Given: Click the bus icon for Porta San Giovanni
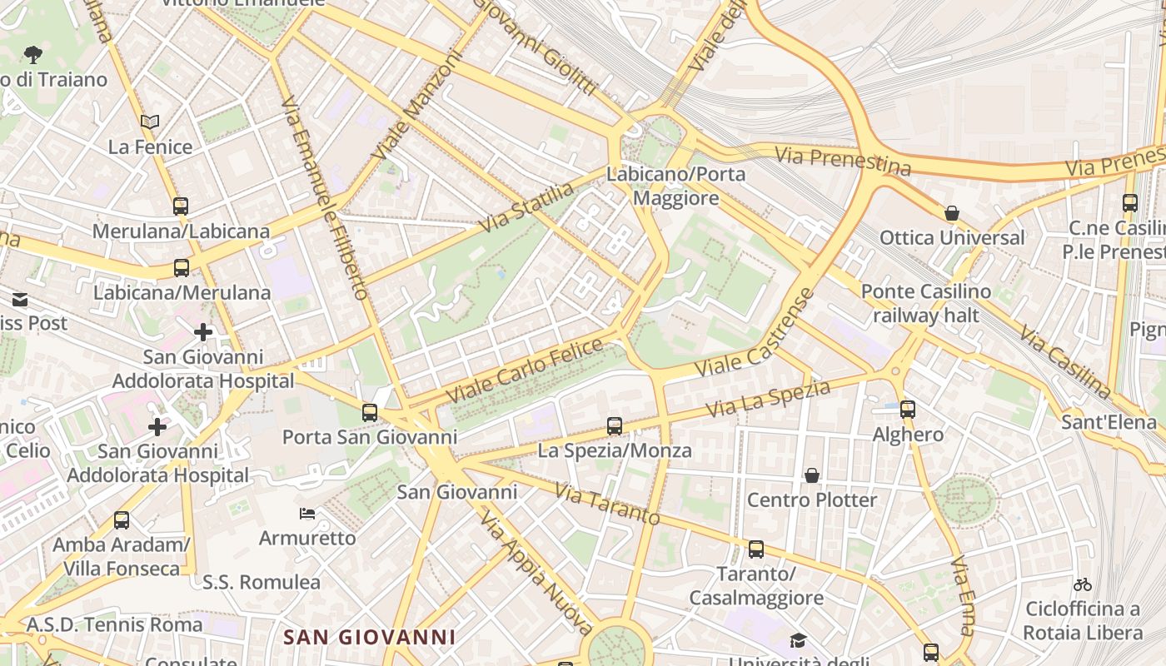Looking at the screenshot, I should pos(370,413).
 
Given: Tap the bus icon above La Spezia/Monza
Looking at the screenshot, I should pos(615,426).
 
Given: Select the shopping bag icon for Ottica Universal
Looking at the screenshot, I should pos(952,213).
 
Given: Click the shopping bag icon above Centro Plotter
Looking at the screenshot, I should pos(812,475).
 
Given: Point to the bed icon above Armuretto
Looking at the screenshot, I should pos(307,514).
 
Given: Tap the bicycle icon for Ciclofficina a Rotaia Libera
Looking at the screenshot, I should pos(1083,584).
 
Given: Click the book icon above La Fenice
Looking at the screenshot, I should pos(150,122).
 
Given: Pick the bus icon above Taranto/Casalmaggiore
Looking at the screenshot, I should pos(756,549).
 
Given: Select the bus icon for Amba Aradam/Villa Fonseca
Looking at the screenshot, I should pos(122,520).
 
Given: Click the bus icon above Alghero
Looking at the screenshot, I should pos(908,410).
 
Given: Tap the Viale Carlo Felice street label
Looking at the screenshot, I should pos(525,370).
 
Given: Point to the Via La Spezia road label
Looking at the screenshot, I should pos(768,400).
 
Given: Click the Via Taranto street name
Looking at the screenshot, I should pos(607,504).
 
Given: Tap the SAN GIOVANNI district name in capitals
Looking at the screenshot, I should pos(370,638).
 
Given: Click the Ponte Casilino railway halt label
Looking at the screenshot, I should pos(926,304).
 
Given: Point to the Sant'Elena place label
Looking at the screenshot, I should pos(1109,423).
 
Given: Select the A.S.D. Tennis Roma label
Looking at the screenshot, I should pos(115,624).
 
